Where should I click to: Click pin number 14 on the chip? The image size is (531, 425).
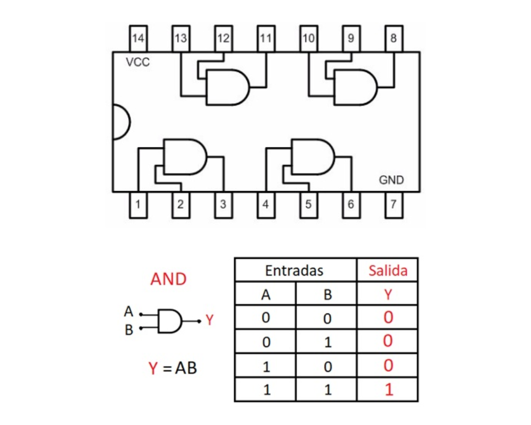(x=138, y=38)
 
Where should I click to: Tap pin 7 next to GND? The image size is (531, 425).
(x=393, y=205)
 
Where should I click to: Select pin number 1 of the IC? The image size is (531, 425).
(x=138, y=205)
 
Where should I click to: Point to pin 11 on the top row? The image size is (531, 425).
(x=265, y=38)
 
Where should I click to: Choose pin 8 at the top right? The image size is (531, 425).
(x=393, y=38)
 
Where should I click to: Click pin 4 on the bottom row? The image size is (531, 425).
(x=265, y=205)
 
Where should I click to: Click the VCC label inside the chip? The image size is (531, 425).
(x=138, y=62)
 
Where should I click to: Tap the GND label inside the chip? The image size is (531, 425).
(x=391, y=180)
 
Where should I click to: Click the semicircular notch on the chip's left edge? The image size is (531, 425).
(x=120, y=122)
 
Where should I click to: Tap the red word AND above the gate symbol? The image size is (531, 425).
(x=168, y=279)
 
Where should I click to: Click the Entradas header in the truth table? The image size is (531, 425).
(x=294, y=270)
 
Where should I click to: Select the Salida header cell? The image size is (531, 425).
(x=388, y=270)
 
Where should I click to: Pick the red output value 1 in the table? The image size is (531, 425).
(x=389, y=390)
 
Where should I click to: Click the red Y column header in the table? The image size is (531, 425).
(x=388, y=294)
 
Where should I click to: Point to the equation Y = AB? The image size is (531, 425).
(x=173, y=368)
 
